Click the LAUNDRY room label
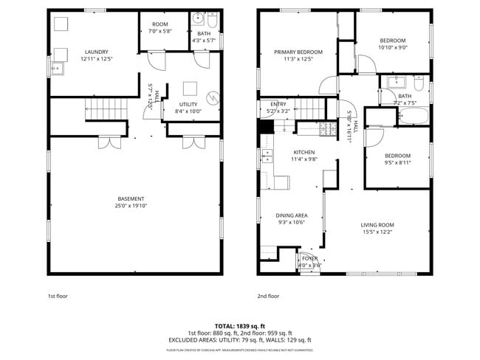coord(97,52)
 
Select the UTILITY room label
coord(190,105)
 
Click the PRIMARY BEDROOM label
coord(294,52)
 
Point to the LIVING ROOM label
coord(377,225)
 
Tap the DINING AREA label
coord(292,215)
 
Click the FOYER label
coord(309,258)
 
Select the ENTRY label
coord(278,104)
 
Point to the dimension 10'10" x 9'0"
coord(392,47)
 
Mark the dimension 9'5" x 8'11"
coord(397,162)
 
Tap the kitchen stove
coord(327,130)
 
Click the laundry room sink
coord(57,69)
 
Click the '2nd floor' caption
coord(268,296)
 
